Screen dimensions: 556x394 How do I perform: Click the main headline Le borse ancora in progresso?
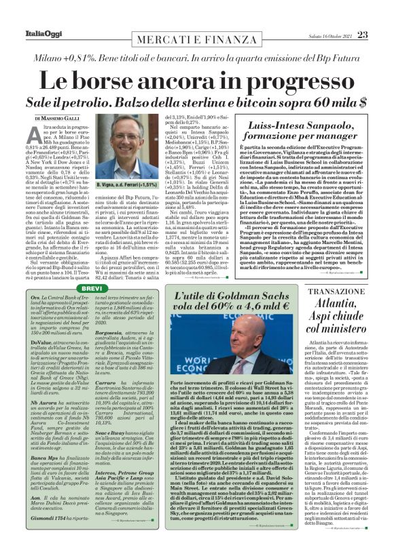[196, 82]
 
